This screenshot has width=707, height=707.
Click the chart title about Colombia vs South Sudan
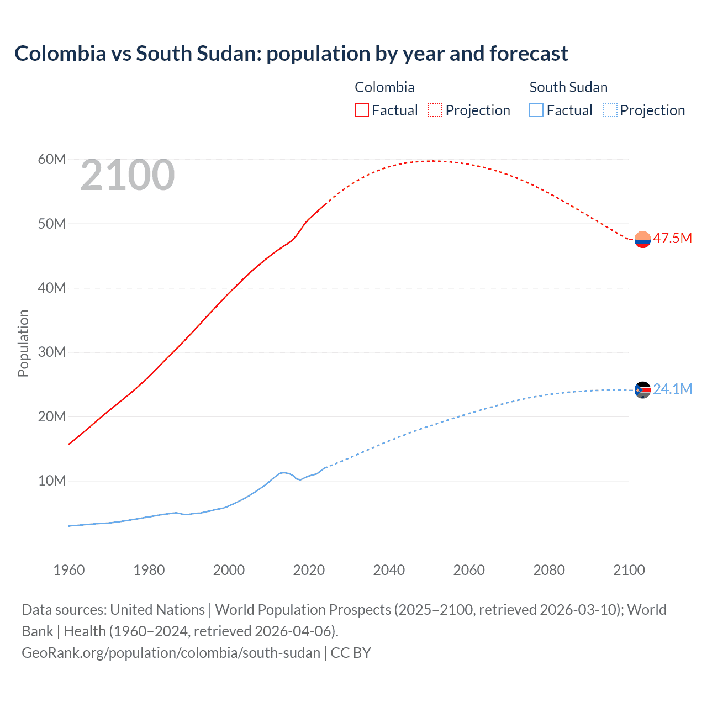coord(291,54)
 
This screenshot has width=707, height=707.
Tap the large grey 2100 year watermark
coord(128,176)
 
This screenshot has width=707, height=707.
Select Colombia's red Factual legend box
coord(361,110)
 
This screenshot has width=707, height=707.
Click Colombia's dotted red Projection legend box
coord(435,110)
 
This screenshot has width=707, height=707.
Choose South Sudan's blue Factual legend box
coord(536,110)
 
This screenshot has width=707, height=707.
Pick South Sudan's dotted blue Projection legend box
coord(610,110)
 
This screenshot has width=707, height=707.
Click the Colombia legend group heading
coord(384,87)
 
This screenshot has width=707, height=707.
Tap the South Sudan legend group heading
coord(568,87)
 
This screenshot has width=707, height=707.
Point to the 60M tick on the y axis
coord(52,160)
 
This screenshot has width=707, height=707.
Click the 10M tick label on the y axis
coord(52,481)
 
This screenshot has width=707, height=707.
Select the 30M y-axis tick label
coord(52,352)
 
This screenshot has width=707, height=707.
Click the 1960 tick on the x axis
coord(69,570)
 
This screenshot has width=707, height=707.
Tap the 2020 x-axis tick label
coord(309,570)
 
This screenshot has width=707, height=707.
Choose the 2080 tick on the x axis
coord(549,570)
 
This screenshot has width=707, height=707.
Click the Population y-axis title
coord(23,343)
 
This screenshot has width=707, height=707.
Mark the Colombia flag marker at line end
coord(642,239)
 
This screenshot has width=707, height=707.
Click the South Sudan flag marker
coord(642,390)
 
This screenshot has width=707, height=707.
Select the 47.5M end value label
coord(672,238)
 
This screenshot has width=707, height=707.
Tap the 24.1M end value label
coord(672,389)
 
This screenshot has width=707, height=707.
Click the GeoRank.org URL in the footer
coord(171,653)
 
